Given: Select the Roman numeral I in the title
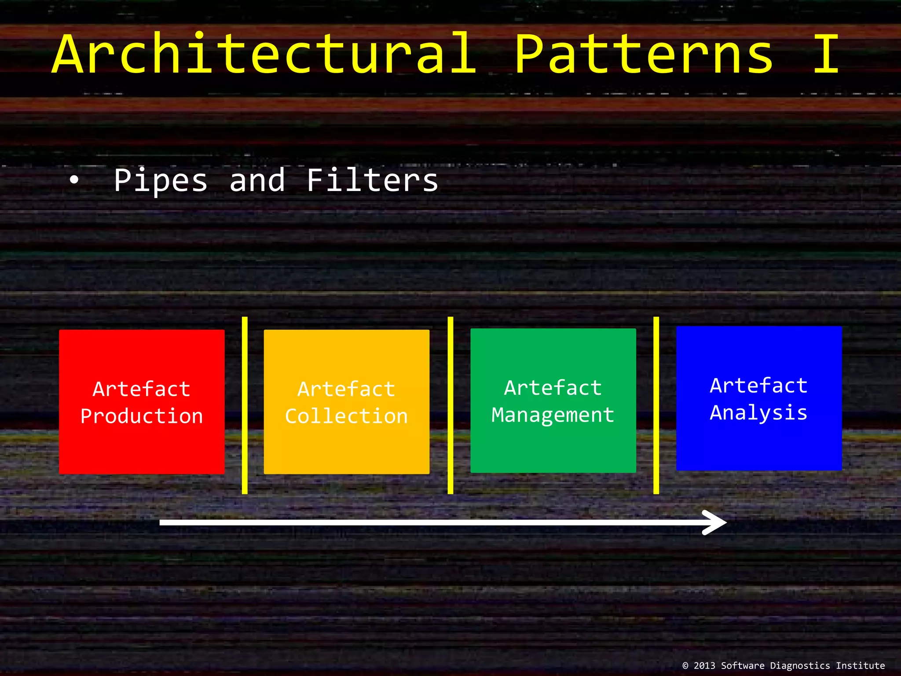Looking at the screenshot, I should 826,54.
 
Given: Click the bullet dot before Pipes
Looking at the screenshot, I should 74,180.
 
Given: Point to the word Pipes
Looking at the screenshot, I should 161,180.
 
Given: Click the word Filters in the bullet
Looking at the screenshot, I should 372,180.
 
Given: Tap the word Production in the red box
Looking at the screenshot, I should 142,416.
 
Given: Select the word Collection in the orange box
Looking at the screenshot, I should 346,416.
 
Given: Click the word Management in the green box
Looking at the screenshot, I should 553,415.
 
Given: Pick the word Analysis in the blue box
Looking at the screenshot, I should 758,413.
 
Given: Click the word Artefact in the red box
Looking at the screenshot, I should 142,389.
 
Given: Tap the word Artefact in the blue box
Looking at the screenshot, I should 758,386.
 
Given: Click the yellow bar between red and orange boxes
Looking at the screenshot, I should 245,405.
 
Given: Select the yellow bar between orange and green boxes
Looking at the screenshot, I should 450,405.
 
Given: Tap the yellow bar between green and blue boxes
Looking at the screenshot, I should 656,405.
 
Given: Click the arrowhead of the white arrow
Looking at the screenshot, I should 716,522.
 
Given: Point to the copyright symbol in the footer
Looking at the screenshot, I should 685,665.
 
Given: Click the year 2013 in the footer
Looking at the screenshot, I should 704,665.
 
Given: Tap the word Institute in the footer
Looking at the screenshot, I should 860,665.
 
